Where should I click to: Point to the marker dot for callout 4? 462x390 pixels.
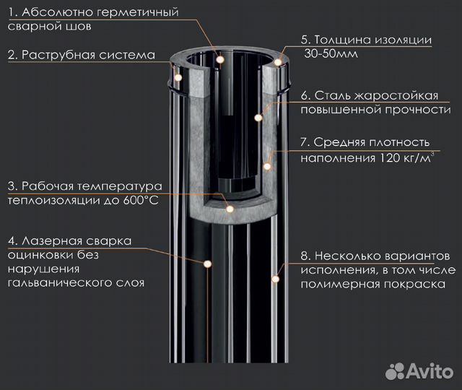tap(207, 266)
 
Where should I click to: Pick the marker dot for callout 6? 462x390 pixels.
tap(259, 116)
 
